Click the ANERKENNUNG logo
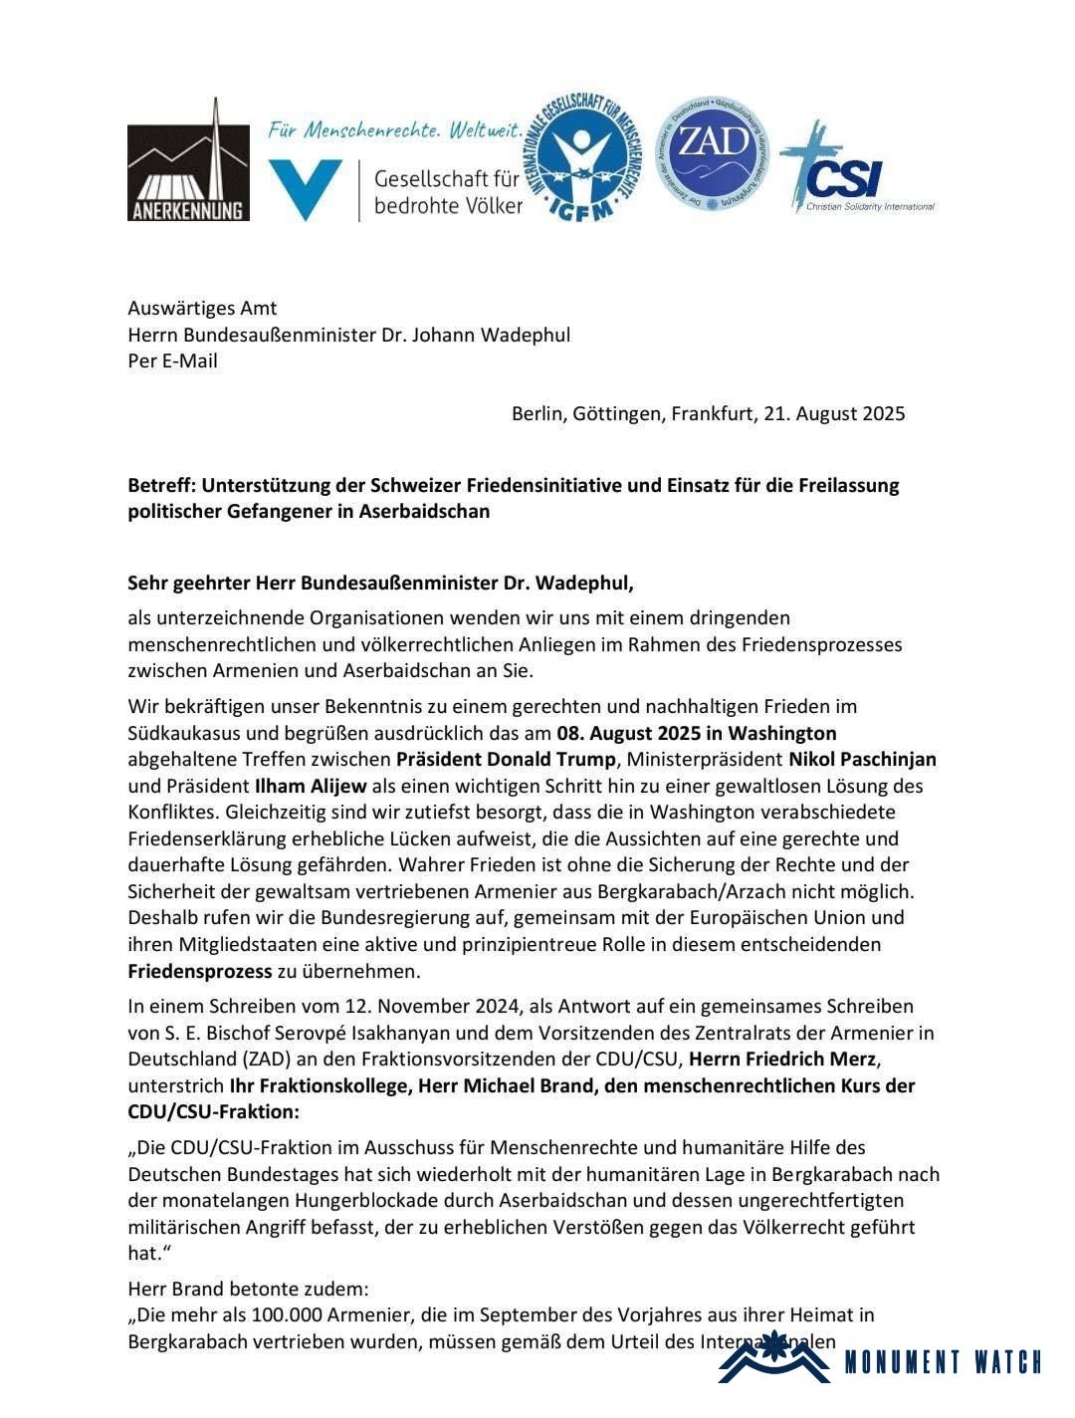188,160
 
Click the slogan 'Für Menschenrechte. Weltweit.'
395,130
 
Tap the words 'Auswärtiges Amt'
202,308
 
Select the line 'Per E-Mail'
172,360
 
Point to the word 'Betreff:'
161,486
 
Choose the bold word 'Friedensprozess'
200,971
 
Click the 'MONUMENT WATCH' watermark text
943,1362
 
